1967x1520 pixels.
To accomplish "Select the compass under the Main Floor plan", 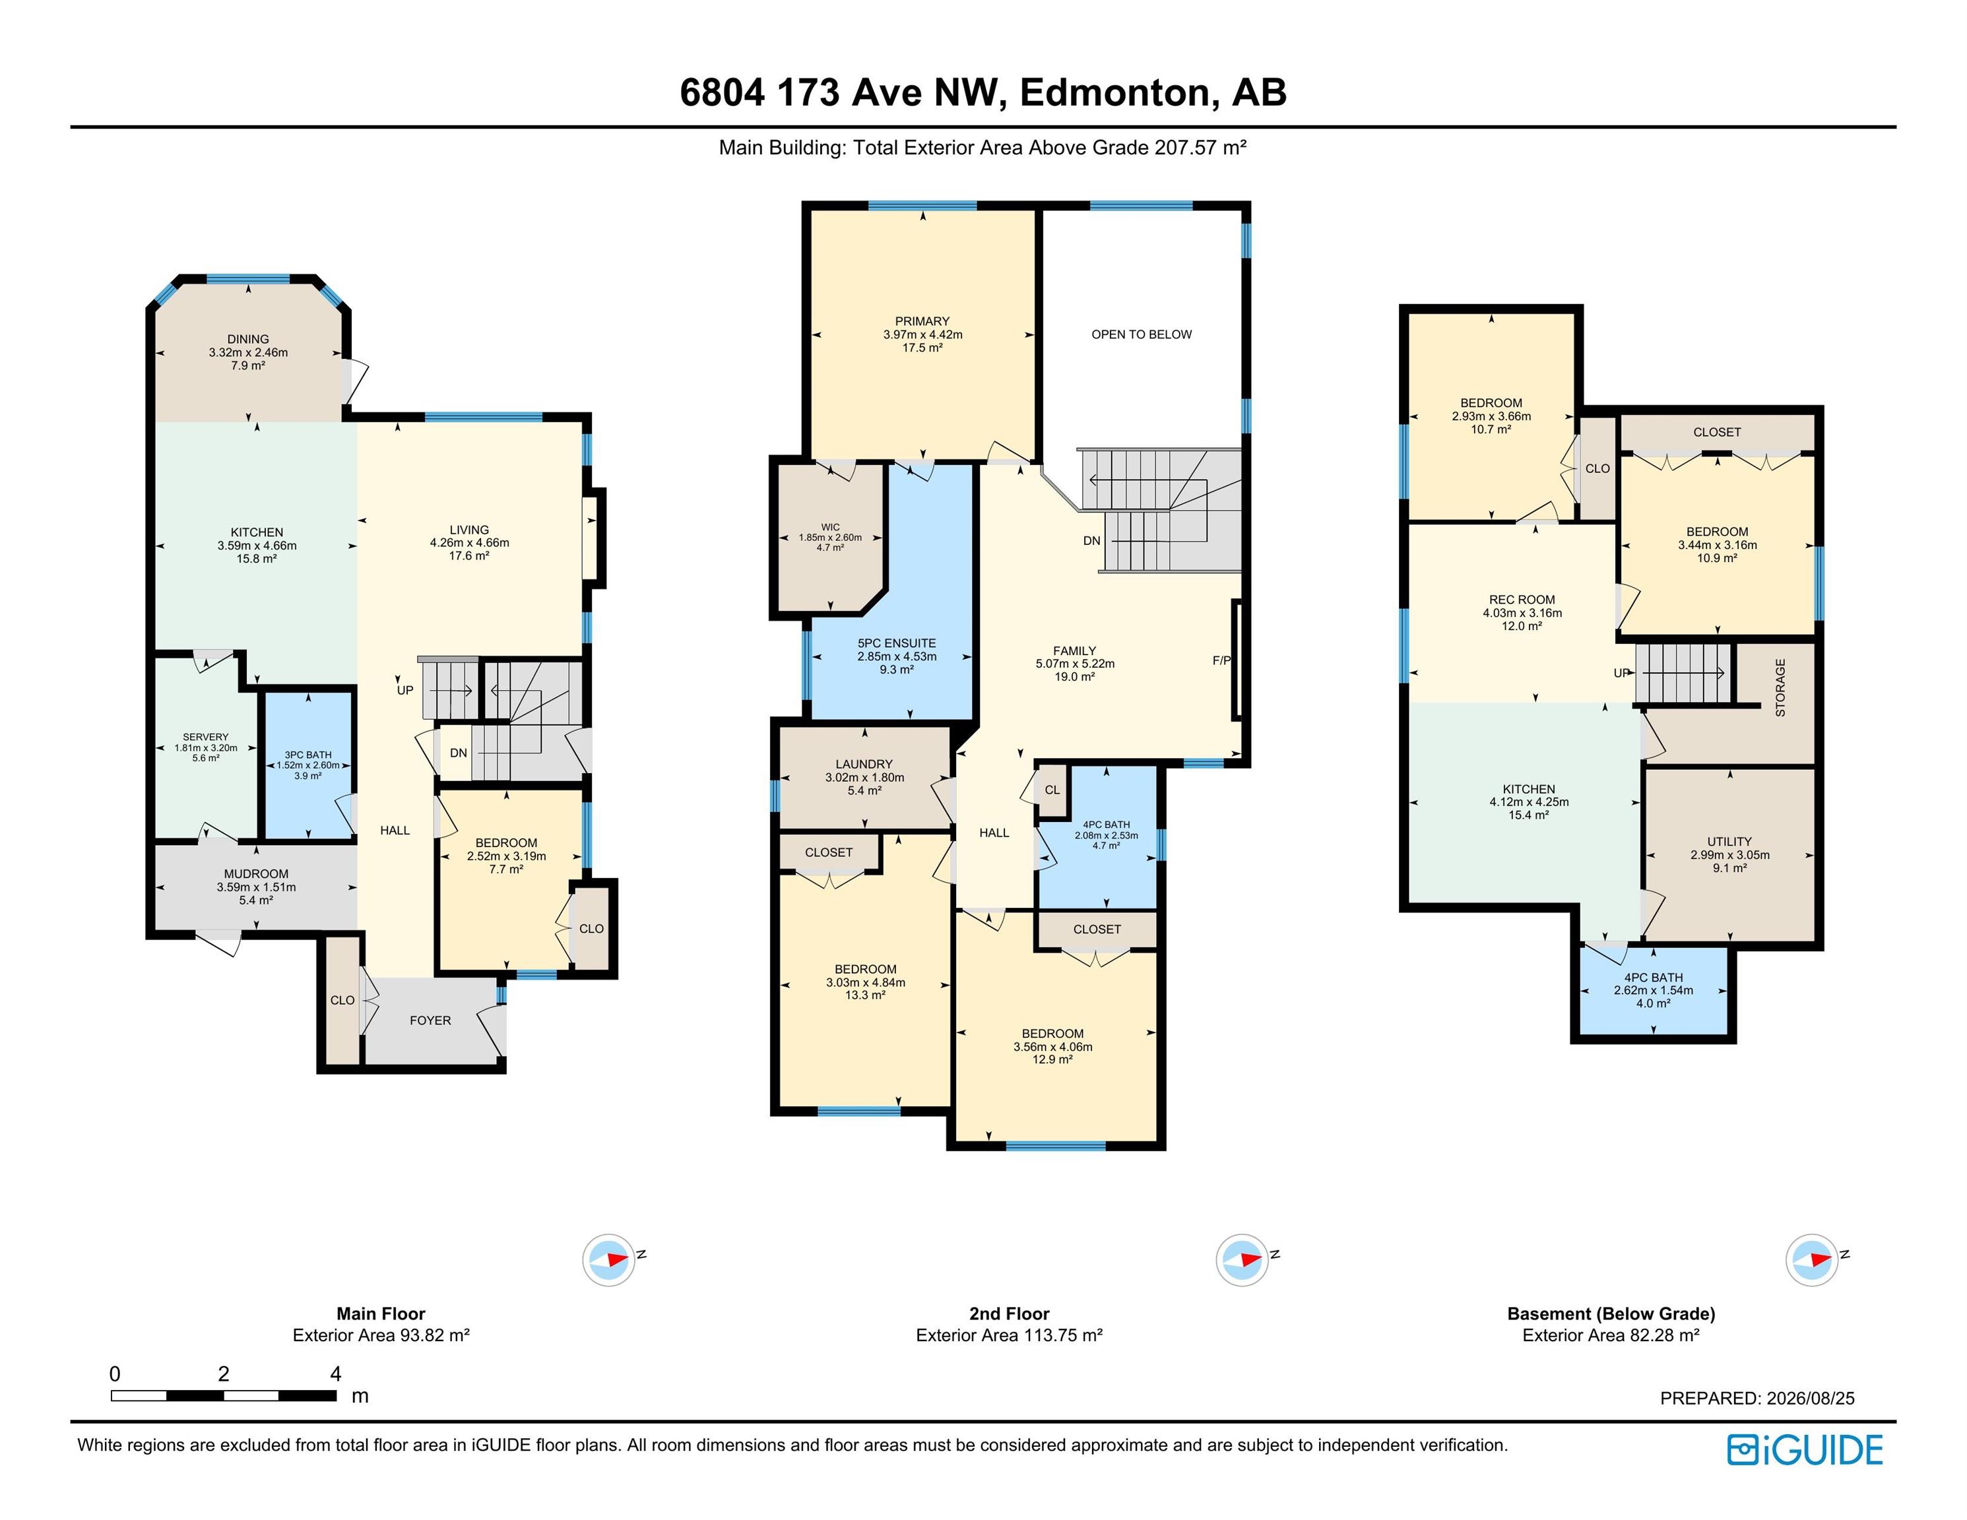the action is [609, 1259].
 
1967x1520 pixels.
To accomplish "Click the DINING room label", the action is [247, 340].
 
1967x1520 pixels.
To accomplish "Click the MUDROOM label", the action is [257, 873].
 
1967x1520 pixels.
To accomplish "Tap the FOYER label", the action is [430, 1020].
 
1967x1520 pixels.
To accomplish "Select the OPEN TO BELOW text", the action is [1141, 334].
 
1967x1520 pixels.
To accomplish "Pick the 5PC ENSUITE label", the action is [896, 643].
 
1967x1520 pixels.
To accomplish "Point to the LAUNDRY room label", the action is [864, 763].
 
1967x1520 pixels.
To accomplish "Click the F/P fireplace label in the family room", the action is [1221, 660].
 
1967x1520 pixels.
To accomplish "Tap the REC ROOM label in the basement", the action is [1522, 600].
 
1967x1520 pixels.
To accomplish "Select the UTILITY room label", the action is [1729, 841].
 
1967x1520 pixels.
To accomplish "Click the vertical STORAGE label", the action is [1780, 688].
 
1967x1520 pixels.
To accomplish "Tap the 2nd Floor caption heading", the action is [1009, 1314].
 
